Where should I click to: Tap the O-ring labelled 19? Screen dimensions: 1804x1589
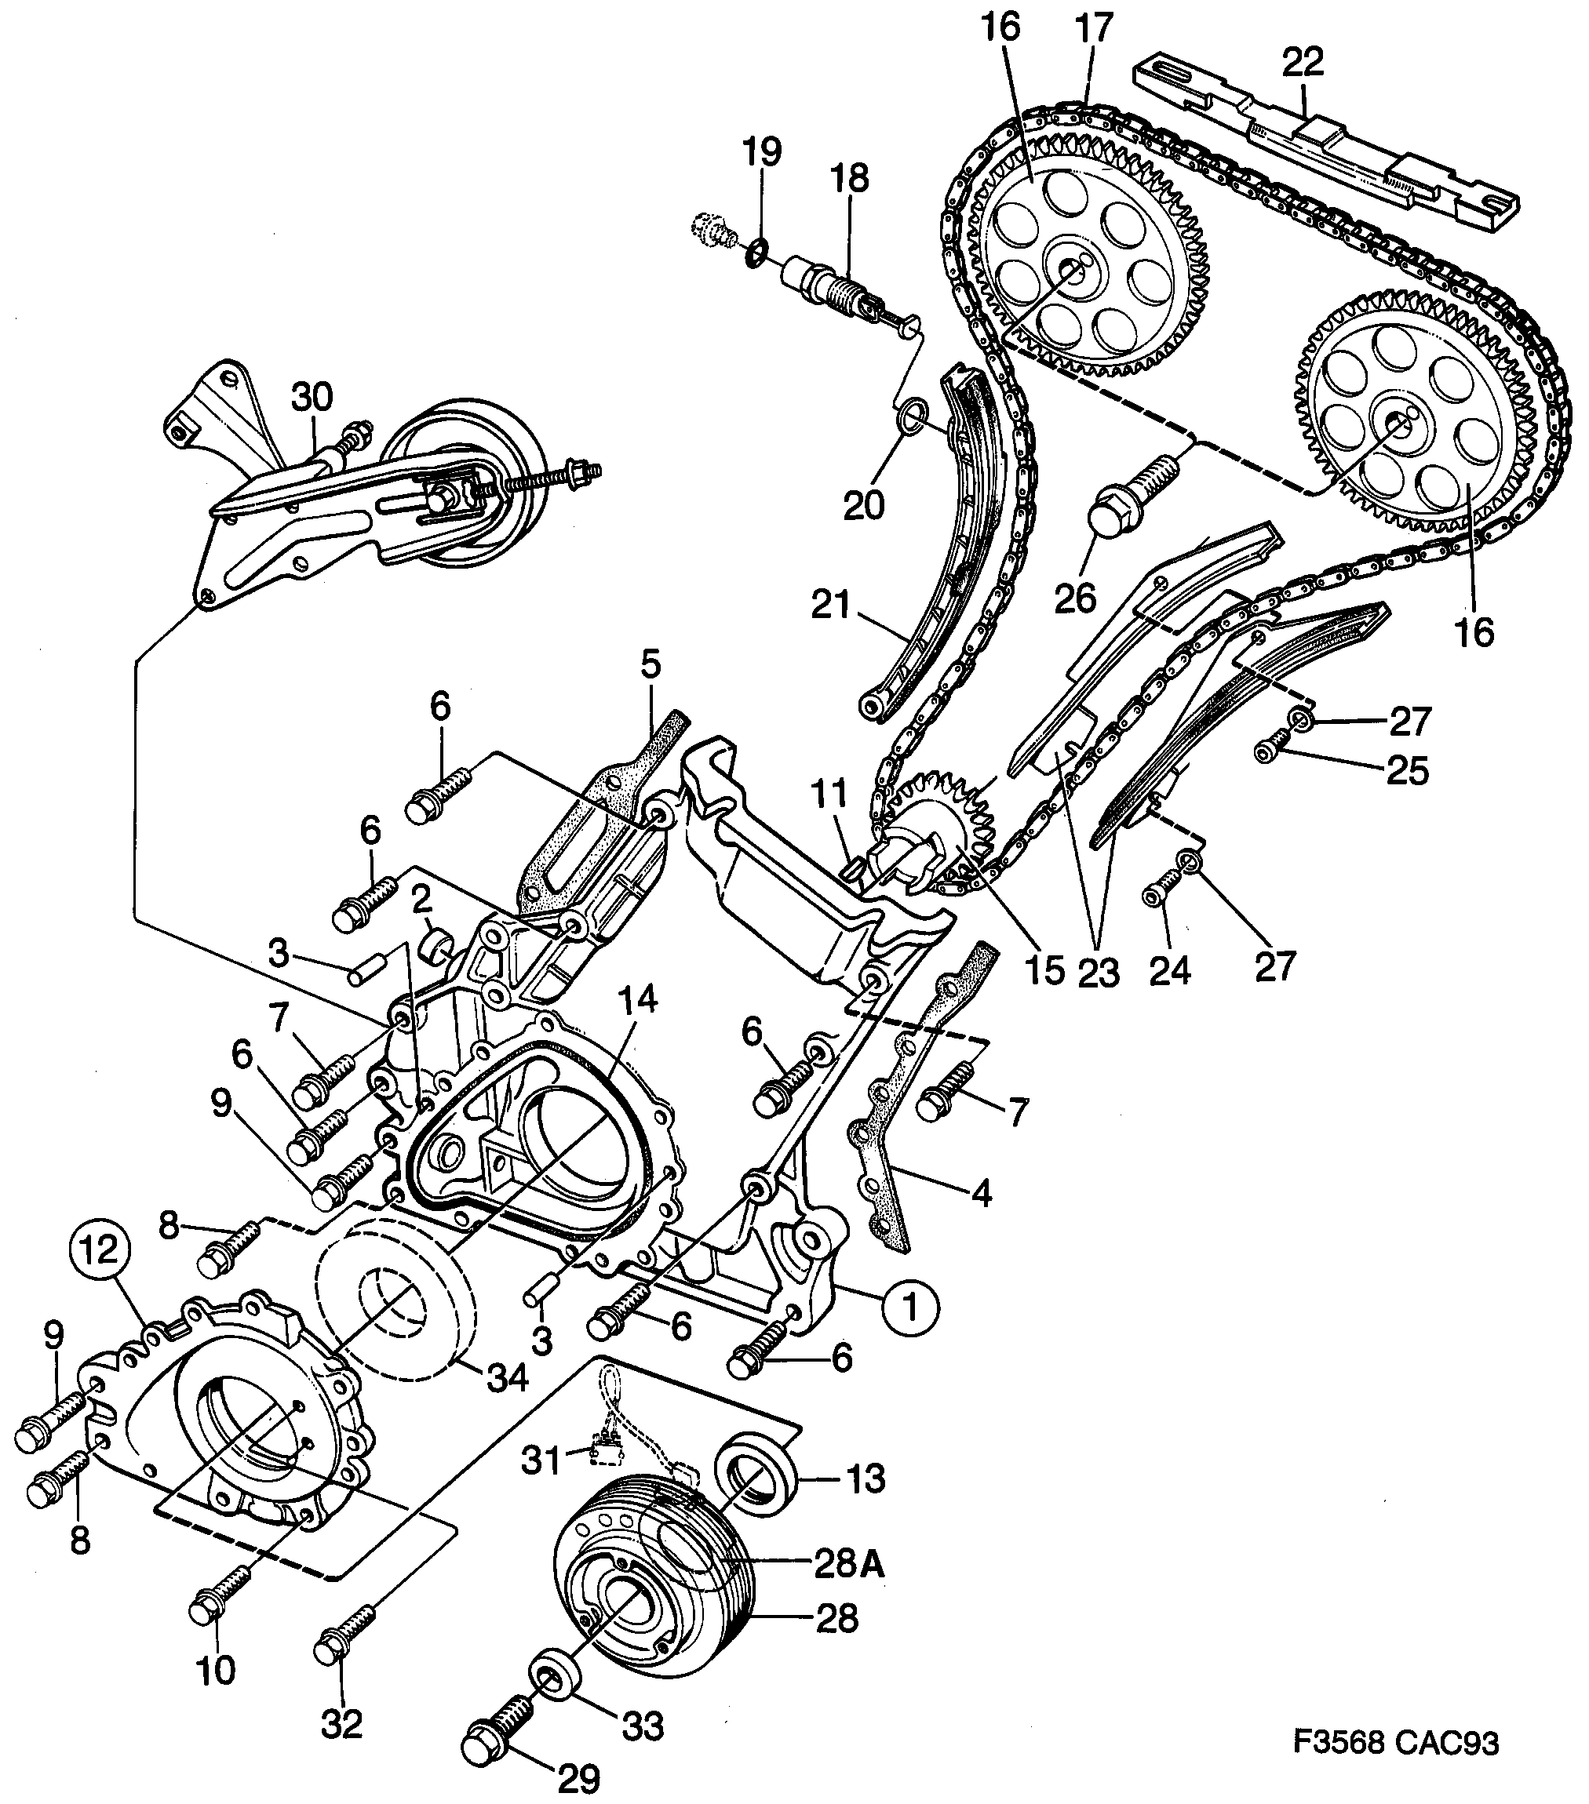755,253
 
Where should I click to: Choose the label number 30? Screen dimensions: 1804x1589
312,396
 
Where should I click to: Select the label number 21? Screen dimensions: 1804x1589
830,607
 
